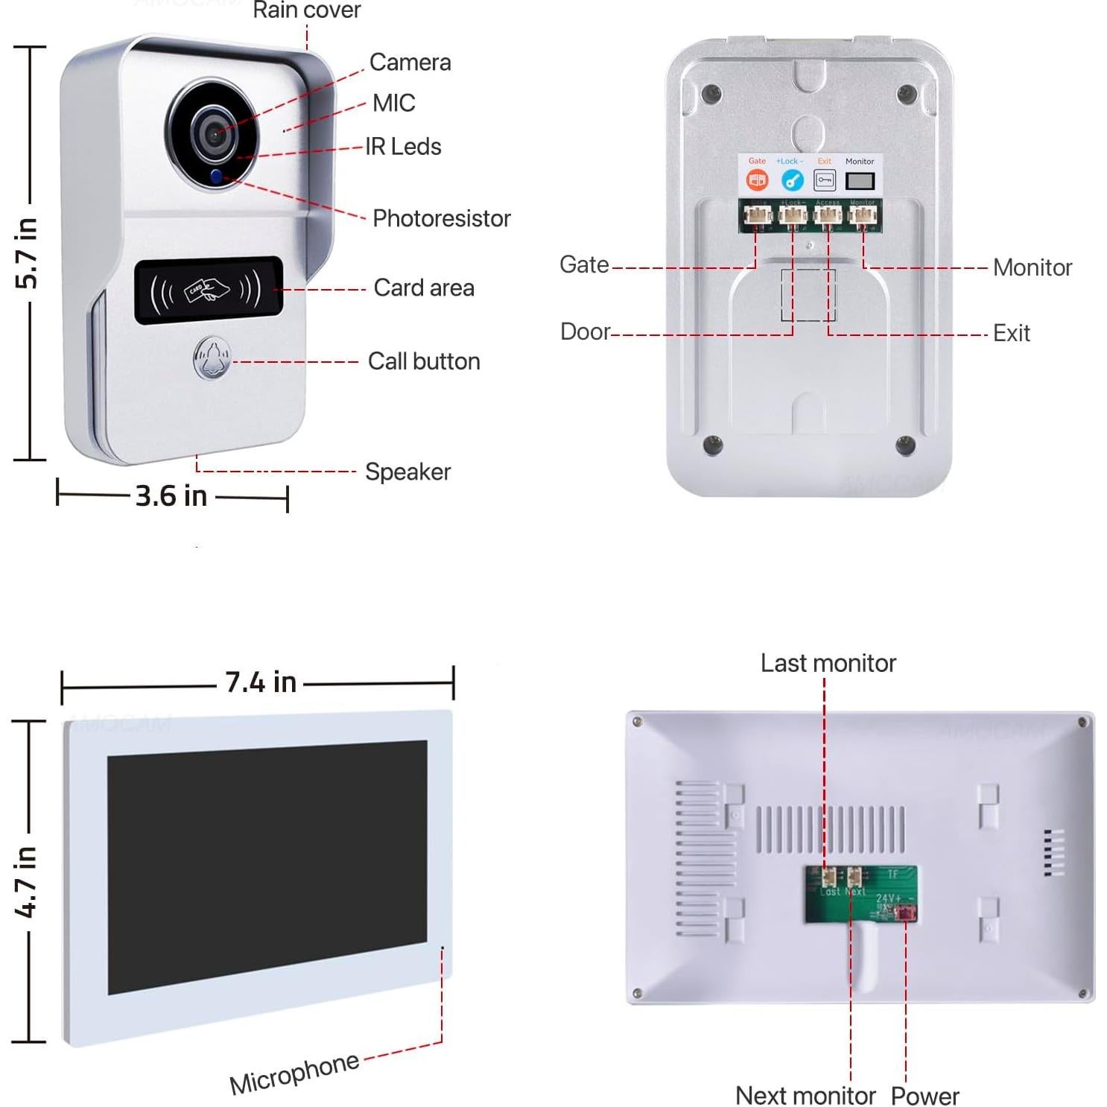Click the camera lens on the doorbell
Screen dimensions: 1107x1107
[x=214, y=133]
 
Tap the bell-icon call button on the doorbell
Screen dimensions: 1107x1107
[x=212, y=359]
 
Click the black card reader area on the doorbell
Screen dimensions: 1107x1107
[x=209, y=290]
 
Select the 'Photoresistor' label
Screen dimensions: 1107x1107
[x=441, y=218]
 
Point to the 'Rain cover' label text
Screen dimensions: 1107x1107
[x=306, y=10]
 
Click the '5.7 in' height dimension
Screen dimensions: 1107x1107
[x=27, y=253]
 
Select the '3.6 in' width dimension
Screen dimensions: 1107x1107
[x=171, y=496]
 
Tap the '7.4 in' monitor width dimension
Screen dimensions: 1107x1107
[x=261, y=682]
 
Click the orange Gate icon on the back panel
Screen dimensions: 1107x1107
[x=757, y=180]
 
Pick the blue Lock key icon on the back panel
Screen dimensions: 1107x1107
[x=791, y=180]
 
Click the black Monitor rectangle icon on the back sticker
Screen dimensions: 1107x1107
[x=860, y=181]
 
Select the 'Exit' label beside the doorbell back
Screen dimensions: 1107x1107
[x=1011, y=333]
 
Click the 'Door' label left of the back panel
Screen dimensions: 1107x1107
[x=585, y=332]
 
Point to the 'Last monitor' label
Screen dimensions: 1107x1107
[x=828, y=663]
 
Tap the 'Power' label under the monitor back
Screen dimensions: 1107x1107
[x=924, y=1096]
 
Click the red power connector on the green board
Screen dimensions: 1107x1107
[x=905, y=913]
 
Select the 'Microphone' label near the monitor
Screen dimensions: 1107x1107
[x=294, y=1073]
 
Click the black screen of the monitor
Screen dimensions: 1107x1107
[x=267, y=866]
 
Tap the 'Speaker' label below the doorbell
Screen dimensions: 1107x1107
[x=407, y=472]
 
